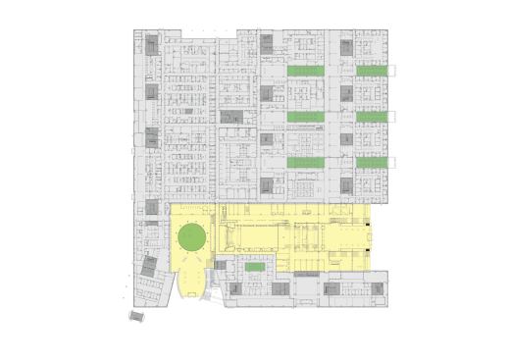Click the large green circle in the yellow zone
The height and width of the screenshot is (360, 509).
pyautogui.click(x=190, y=236)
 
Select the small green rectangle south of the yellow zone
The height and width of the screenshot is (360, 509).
pyautogui.click(x=254, y=267)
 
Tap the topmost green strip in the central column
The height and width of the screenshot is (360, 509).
pyautogui.click(x=307, y=72)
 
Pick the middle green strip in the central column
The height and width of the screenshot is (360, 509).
pyautogui.click(x=307, y=117)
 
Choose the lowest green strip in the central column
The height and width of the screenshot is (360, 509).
pyautogui.click(x=307, y=162)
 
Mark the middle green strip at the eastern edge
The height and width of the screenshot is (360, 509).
pyautogui.click(x=372, y=117)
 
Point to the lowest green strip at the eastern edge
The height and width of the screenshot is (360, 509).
pyautogui.click(x=372, y=162)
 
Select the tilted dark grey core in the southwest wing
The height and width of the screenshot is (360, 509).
pyautogui.click(x=149, y=265)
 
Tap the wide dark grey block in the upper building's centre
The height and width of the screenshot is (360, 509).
pyautogui.click(x=232, y=116)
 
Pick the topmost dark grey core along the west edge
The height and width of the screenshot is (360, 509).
pyautogui.click(x=152, y=45)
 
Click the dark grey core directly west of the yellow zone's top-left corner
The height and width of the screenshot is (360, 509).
pyautogui.click(x=152, y=207)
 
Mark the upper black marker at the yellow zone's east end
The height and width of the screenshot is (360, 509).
pyautogui.click(x=368, y=225)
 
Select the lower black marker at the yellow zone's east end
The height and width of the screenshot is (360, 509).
pyautogui.click(x=368, y=253)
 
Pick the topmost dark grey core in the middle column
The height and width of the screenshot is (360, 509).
pyautogui.click(x=267, y=41)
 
